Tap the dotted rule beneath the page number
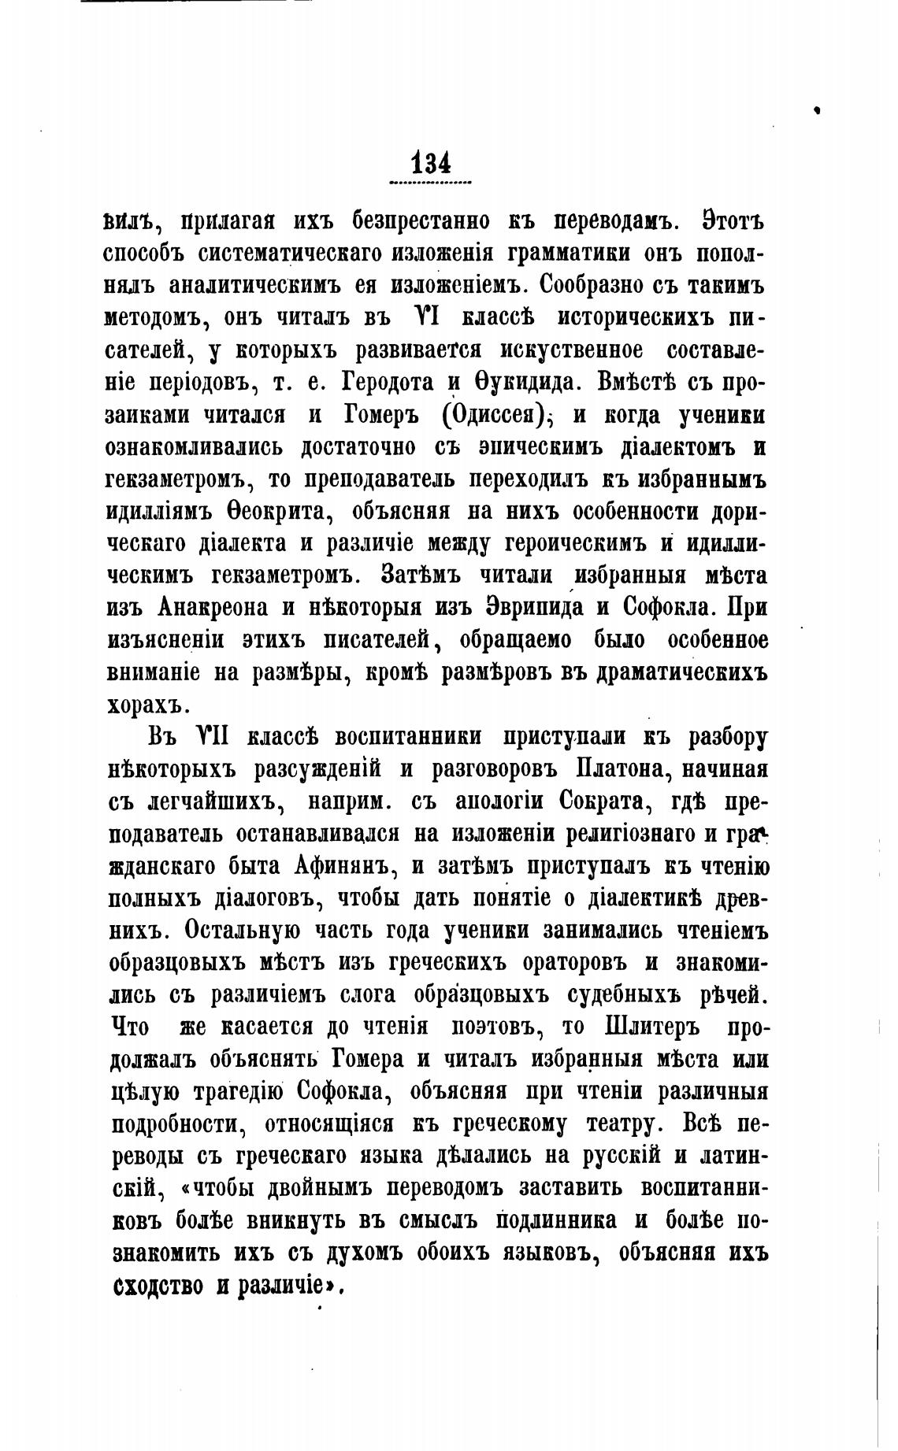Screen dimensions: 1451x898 [430, 183]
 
